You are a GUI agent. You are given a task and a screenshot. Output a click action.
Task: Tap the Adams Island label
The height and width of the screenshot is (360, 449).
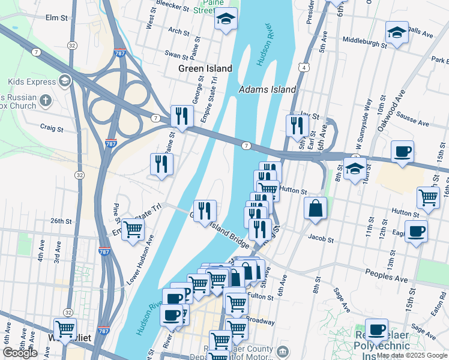click(x=267, y=89)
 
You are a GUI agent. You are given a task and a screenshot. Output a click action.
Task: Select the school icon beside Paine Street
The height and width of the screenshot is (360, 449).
click(x=226, y=20)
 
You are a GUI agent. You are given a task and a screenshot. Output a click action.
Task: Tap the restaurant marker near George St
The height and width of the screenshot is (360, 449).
click(x=181, y=116)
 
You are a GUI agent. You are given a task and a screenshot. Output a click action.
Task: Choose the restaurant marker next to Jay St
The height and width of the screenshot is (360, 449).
click(x=297, y=125)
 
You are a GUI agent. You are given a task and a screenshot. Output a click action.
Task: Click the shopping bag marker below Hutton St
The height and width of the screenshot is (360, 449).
click(x=315, y=209)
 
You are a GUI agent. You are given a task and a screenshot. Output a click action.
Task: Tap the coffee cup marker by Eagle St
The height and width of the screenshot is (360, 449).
click(x=415, y=232)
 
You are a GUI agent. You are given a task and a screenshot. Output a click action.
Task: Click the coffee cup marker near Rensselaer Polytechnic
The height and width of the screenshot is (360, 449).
click(x=376, y=329)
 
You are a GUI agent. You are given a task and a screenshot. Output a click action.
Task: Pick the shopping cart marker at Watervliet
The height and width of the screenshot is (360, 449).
click(x=65, y=329)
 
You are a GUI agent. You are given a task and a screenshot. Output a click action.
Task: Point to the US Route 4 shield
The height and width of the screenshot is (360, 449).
click(x=305, y=68)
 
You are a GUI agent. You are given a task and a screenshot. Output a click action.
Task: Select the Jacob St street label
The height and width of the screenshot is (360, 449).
click(x=321, y=238)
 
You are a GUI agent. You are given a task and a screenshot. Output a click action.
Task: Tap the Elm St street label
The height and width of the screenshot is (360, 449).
click(x=56, y=18)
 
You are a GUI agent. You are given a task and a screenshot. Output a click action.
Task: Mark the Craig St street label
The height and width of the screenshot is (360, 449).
click(x=52, y=128)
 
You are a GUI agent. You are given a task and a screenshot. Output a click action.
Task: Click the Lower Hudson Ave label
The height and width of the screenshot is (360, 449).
click(x=140, y=259)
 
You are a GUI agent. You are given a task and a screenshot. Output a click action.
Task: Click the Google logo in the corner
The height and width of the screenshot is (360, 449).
click(x=20, y=353)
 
